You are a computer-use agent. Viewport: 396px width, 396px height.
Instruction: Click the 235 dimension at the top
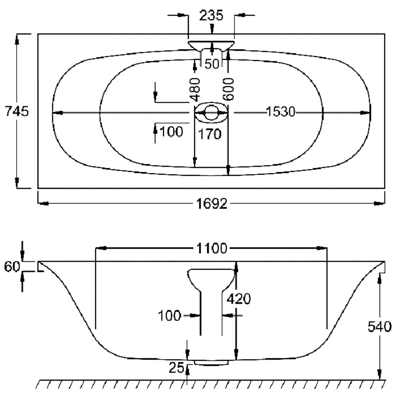pyautogui.click(x=211, y=15)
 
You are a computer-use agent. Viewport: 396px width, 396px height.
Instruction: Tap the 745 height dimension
pyautogui.click(x=17, y=111)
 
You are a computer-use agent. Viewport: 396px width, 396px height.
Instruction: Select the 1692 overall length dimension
pyautogui.click(x=212, y=204)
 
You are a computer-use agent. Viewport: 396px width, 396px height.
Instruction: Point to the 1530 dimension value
pyautogui.click(x=281, y=112)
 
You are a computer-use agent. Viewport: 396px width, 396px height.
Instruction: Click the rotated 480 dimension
pyautogui.click(x=195, y=89)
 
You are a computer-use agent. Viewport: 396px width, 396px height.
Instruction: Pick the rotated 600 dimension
pyautogui.click(x=228, y=89)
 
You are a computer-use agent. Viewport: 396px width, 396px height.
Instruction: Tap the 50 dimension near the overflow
pyautogui.click(x=211, y=64)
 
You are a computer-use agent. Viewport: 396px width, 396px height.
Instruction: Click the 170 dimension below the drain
pyautogui.click(x=209, y=134)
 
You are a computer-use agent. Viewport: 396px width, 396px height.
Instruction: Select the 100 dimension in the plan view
pyautogui.click(x=171, y=131)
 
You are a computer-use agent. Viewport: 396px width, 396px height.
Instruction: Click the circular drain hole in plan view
pyautogui.click(x=211, y=112)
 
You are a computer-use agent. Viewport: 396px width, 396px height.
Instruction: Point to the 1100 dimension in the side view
pyautogui.click(x=211, y=249)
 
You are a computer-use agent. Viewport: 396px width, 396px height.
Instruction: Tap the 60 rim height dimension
pyautogui.click(x=12, y=267)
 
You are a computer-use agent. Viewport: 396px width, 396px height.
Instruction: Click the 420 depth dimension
pyautogui.click(x=239, y=299)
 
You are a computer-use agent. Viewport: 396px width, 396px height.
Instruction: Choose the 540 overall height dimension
pyautogui.click(x=380, y=327)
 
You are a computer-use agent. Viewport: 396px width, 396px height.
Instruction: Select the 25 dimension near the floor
pyautogui.click(x=177, y=368)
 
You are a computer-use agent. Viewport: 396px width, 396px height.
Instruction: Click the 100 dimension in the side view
pyautogui.click(x=169, y=316)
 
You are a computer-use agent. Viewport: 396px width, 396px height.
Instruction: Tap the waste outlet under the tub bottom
pyautogui.click(x=211, y=363)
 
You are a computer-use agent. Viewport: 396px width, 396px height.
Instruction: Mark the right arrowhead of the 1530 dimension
pyautogui.click(x=365, y=112)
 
